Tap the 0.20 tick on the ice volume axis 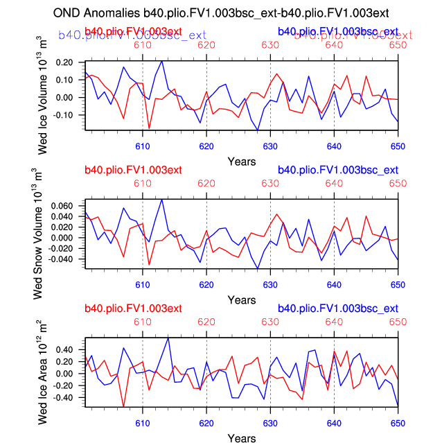pyautogui.click(x=64, y=62)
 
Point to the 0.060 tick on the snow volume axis pyautogui.click(x=61, y=207)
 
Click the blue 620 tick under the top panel pyautogui.click(x=206, y=146)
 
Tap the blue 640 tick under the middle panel pyautogui.click(x=334, y=284)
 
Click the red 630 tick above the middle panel pyautogui.click(x=270, y=184)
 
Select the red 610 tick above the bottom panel pyautogui.click(x=142, y=322)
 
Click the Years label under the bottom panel pyautogui.click(x=242, y=438)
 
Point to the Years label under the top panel pyautogui.click(x=242, y=161)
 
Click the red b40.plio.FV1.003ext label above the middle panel pyautogui.click(x=133, y=171)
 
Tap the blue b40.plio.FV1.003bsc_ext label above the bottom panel pyautogui.click(x=337, y=309)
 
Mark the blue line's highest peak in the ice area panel pyautogui.click(x=168, y=338)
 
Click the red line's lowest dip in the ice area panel pyautogui.click(x=123, y=407)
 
